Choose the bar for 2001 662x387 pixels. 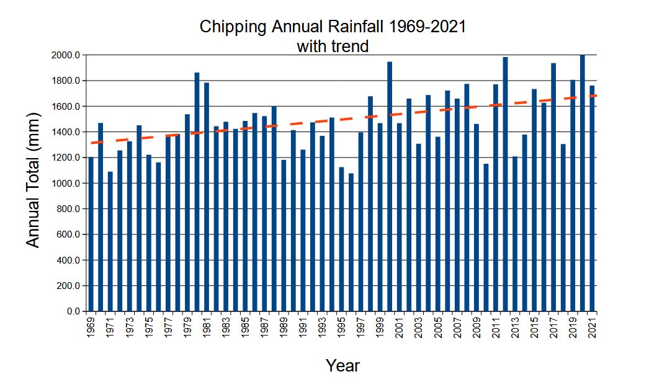click(400, 217)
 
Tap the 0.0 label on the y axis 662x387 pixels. click(73, 311)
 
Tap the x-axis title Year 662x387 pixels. click(342, 366)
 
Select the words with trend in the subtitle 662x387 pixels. click(333, 46)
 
